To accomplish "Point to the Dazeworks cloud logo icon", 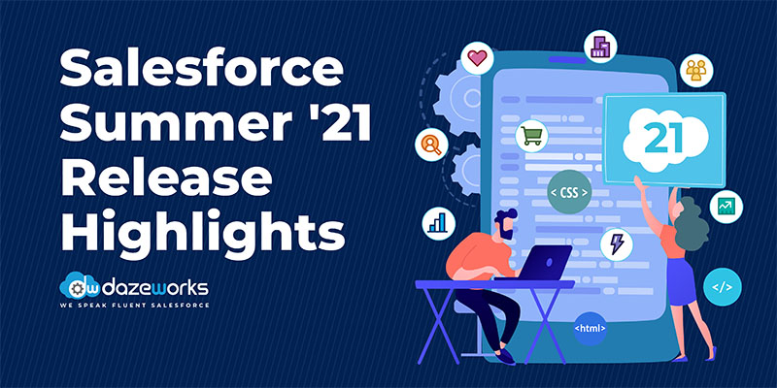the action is coord(80,285).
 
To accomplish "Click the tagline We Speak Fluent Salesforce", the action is coord(134,306).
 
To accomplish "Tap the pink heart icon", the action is coord(477,58).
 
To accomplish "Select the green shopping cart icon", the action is coord(531,136).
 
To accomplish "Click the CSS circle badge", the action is coord(569,192).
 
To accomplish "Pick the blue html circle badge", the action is coord(590,328).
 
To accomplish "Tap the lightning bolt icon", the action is coord(617,244).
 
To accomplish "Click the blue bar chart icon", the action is coord(439,223).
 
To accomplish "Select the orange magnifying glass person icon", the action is coord(431,145).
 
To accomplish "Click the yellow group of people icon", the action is coord(696,70).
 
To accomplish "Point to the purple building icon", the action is coord(600,47).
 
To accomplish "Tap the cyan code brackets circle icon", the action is coord(722,287).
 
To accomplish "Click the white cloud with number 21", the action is coord(665,140).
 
